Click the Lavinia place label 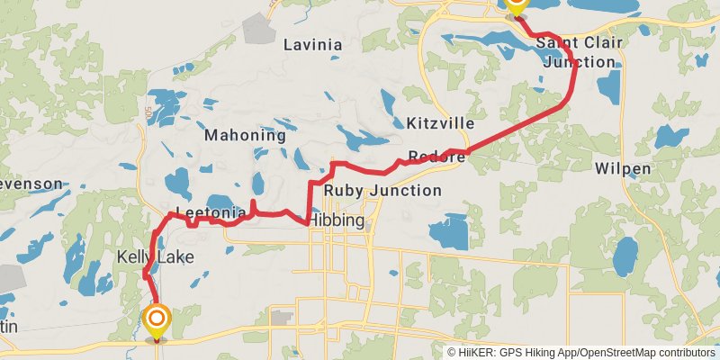(312, 44)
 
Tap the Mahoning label (245, 136)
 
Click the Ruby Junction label (382, 190)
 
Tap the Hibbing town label (336, 220)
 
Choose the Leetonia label (211, 213)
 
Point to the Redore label (436, 157)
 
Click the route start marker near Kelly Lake (157, 319)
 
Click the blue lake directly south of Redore (449, 231)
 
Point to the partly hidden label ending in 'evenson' (31, 184)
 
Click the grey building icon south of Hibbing (283, 318)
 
